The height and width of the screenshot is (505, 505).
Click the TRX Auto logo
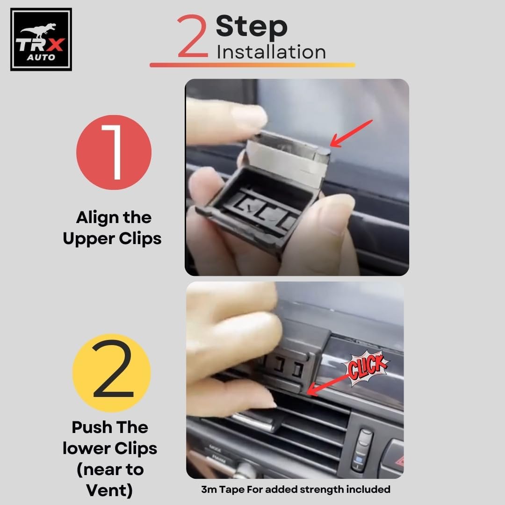pyautogui.click(x=41, y=39)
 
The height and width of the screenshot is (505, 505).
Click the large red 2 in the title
pyautogui.click(x=192, y=36)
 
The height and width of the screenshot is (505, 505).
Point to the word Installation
pyautogui.click(x=271, y=52)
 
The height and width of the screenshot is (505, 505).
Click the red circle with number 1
pyautogui.click(x=114, y=152)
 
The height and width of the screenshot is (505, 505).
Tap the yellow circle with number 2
pyautogui.click(x=112, y=373)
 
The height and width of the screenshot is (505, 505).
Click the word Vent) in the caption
pyautogui.click(x=109, y=491)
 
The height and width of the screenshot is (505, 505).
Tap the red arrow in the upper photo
pyautogui.click(x=351, y=134)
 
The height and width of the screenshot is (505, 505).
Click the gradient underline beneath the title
pyautogui.click(x=252, y=65)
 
